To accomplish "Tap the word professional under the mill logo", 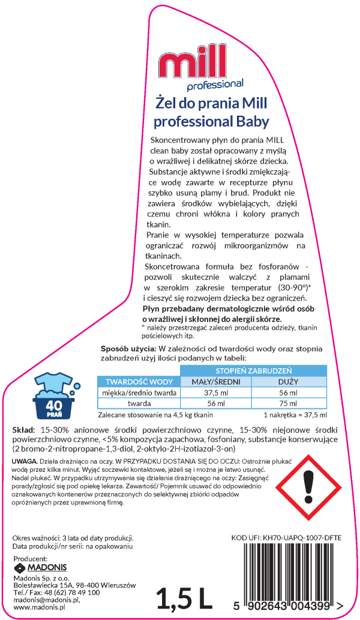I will [x=215, y=84].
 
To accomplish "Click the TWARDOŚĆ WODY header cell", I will [x=139, y=381].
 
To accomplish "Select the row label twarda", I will [x=139, y=404].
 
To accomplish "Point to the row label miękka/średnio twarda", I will [x=139, y=393].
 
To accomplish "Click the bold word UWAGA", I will [x=25, y=461].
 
